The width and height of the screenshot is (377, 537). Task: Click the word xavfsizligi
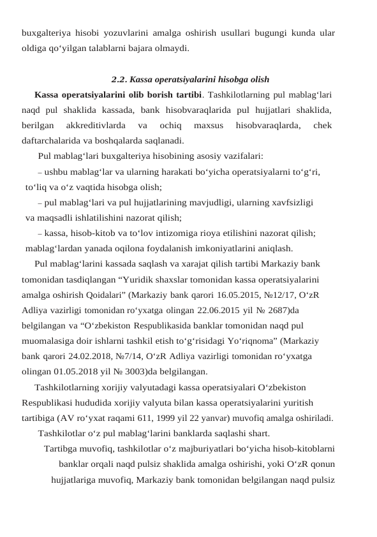[290, 203]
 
